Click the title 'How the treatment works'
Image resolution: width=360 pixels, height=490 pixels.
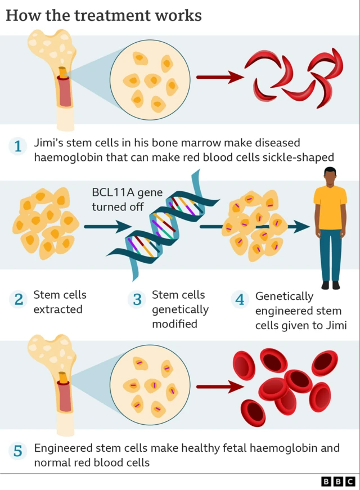(103, 15)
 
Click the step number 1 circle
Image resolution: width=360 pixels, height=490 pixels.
(18, 147)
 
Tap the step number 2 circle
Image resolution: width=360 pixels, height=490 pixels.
(18, 299)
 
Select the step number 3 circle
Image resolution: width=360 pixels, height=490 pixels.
(137, 299)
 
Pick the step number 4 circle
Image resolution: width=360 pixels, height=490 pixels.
(240, 299)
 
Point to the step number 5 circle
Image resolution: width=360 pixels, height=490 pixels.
(18, 451)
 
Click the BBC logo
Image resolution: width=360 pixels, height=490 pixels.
(338, 481)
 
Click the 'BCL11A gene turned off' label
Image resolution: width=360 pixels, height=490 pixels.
(127, 200)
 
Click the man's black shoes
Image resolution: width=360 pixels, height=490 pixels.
(330, 285)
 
